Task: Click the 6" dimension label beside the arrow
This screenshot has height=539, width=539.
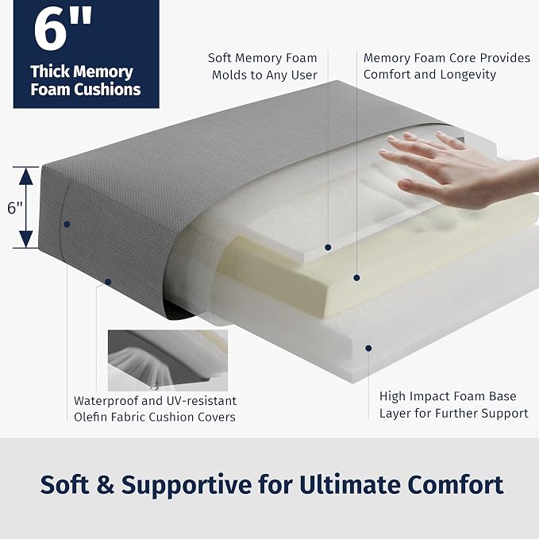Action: point(15,208)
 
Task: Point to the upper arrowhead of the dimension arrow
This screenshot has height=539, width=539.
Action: point(26,176)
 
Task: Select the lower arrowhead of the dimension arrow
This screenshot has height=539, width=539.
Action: point(26,239)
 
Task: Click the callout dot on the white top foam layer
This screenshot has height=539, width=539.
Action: point(328,247)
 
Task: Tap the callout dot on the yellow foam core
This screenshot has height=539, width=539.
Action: point(356,277)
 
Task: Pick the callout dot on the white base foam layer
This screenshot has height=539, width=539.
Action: point(368,348)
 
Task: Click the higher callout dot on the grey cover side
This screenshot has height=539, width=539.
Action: point(67,224)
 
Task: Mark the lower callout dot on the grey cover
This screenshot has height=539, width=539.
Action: point(108,282)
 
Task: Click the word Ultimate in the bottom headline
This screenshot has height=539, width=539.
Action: point(349,485)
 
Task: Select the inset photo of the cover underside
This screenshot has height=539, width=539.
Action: point(167,360)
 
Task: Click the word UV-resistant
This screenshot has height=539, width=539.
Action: point(202,401)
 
